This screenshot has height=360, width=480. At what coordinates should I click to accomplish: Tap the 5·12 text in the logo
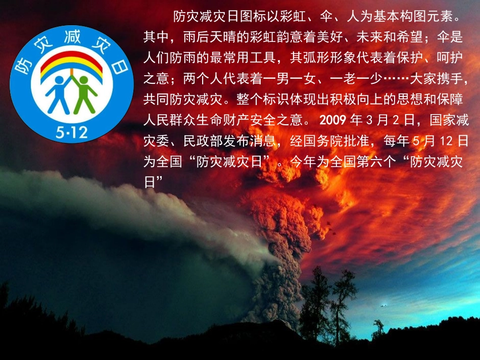(72, 133)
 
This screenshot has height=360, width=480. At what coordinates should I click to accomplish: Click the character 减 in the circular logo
(72, 37)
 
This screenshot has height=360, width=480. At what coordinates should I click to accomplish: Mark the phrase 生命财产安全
(236, 121)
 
